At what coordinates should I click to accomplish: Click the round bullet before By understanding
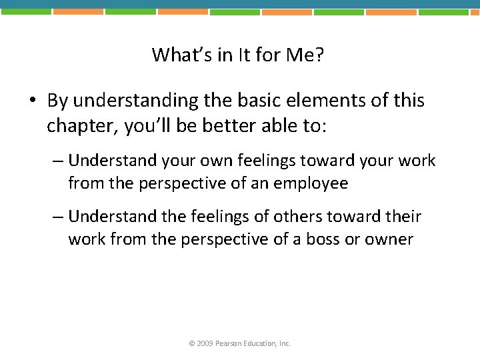point(32,101)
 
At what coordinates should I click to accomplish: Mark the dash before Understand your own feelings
point(58,161)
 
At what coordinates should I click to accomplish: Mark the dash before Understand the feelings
point(58,217)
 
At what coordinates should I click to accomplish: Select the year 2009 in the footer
point(205,343)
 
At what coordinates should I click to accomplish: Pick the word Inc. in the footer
point(284,343)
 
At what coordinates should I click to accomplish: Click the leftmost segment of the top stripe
point(25,11)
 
